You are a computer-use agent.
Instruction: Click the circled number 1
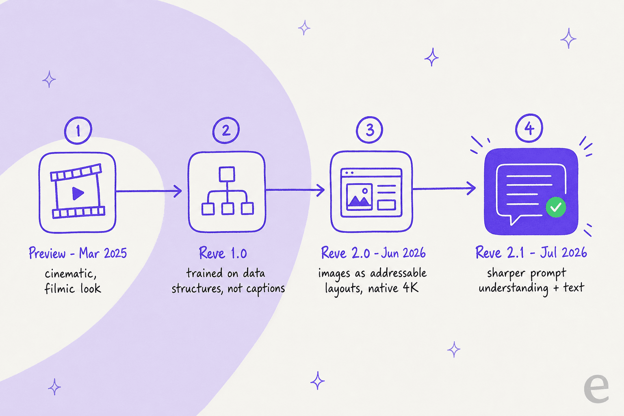[x=78, y=130]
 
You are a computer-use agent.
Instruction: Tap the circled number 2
[x=226, y=130]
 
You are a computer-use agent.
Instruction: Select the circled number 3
[x=369, y=130]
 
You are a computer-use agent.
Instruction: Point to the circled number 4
[x=529, y=128]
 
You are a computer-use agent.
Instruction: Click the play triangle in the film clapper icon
[x=78, y=193]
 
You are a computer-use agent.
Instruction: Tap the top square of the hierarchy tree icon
[x=227, y=174]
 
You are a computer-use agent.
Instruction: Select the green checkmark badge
[x=556, y=207]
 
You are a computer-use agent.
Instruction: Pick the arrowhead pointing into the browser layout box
[x=321, y=190]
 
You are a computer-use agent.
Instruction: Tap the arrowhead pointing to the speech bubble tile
[x=471, y=188]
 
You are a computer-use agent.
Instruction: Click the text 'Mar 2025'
[x=103, y=253]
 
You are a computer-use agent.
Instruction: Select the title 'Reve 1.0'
[x=223, y=253]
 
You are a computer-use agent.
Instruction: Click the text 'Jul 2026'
[x=563, y=252]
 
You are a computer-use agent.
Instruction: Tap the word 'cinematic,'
[x=71, y=274]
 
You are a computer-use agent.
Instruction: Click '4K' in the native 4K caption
[x=411, y=287]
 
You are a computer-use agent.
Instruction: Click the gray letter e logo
[x=596, y=388]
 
